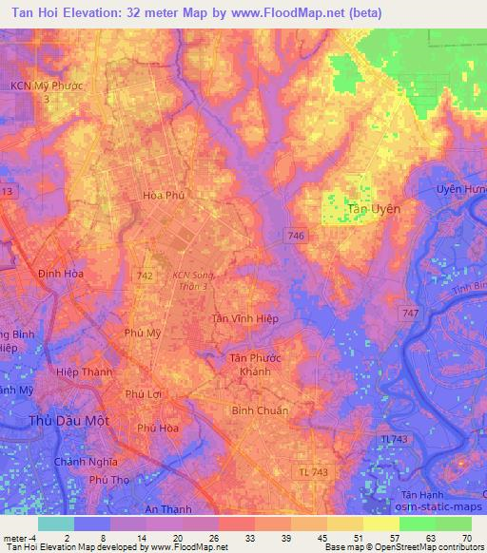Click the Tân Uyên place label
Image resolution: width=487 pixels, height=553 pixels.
[x=374, y=208]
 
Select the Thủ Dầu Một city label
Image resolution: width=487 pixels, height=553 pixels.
[x=68, y=420]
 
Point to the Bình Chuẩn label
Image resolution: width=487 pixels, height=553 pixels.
[x=260, y=410]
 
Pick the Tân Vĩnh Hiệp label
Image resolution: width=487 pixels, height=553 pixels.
[x=244, y=319]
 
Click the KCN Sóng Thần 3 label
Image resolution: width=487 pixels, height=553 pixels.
[x=196, y=280]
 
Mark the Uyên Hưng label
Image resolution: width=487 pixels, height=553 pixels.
[x=460, y=189]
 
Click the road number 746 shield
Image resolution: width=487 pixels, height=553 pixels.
[x=295, y=235]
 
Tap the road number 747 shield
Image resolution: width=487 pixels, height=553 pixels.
[x=409, y=313]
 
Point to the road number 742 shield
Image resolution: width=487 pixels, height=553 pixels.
[x=145, y=274]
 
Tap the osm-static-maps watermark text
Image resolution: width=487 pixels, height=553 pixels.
[x=436, y=508]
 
